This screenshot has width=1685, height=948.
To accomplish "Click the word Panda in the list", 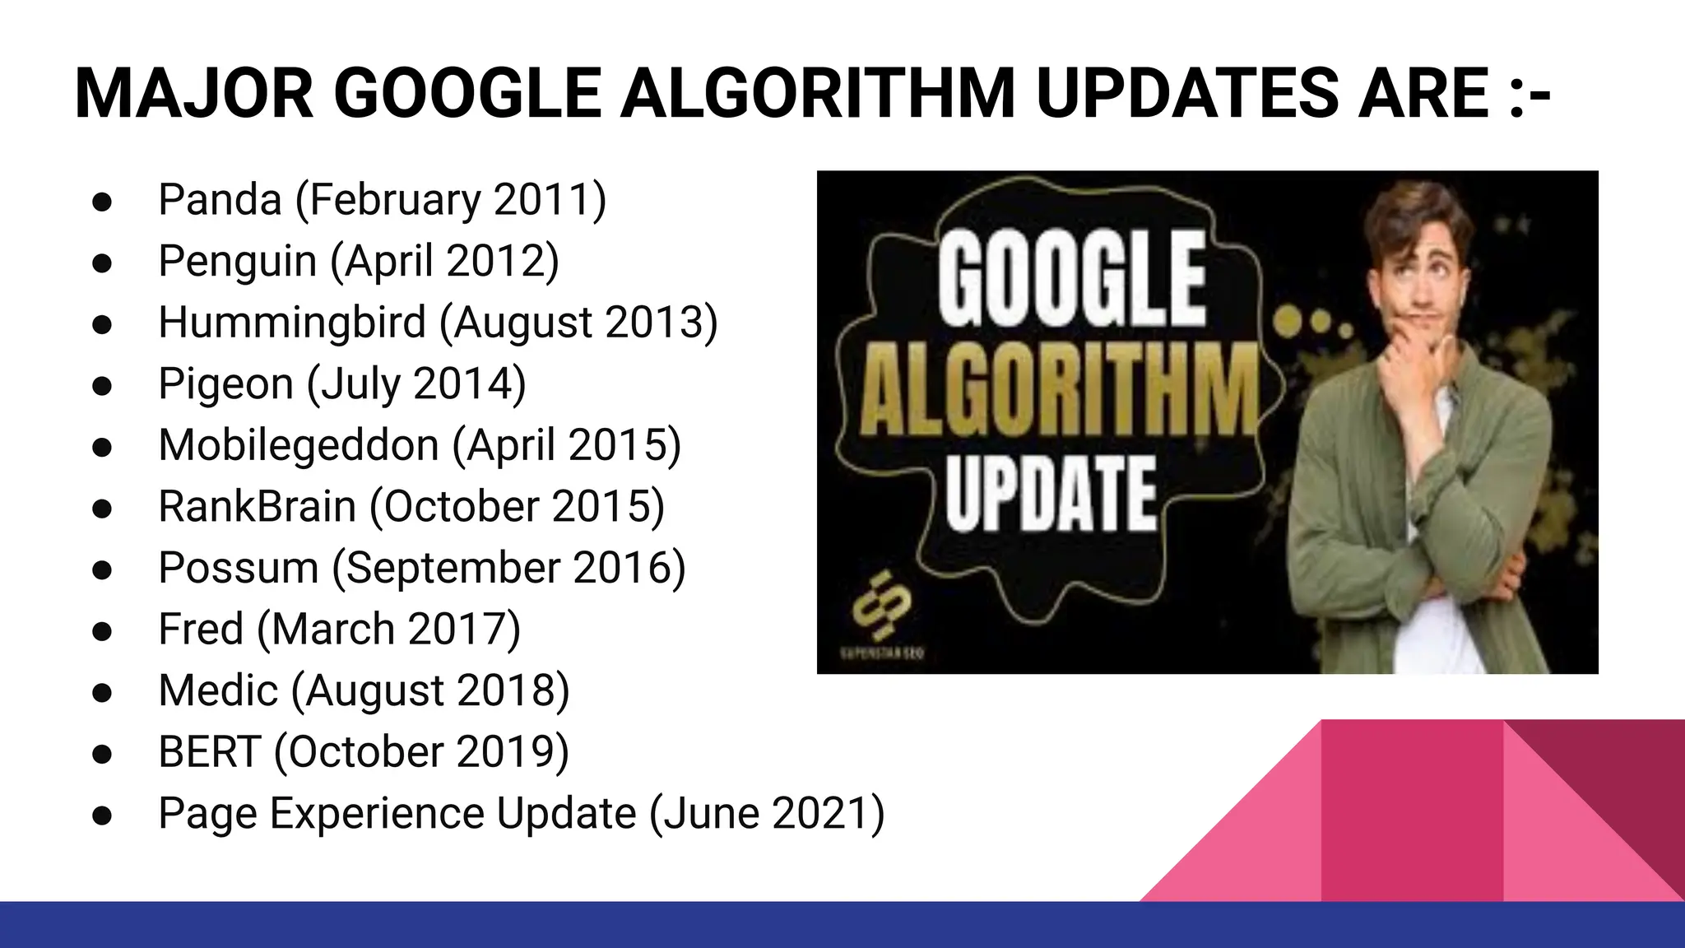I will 220,200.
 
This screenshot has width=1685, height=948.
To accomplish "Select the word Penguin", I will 237,262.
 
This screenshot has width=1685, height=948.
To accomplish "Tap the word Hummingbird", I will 291,323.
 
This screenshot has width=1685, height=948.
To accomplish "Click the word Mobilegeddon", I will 299,445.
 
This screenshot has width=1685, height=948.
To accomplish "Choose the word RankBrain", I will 257,507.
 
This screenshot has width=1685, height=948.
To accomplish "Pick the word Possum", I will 239,568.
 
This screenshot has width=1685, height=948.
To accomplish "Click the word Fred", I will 201,630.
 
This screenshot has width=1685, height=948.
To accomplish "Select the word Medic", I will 218,690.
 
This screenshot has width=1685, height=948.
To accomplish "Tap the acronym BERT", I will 209,752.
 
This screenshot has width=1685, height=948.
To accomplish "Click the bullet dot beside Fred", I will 102,631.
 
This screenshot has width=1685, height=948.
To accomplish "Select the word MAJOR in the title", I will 194,93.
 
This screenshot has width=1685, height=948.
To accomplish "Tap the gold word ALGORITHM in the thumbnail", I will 1060,392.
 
